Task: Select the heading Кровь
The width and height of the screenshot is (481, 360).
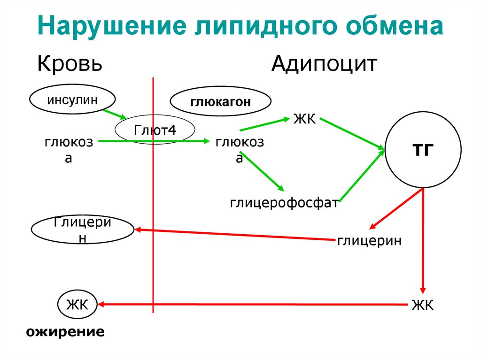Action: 70,63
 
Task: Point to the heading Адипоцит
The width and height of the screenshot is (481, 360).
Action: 324,63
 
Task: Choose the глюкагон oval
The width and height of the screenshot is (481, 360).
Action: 220,102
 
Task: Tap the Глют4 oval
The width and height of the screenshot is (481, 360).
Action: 155,130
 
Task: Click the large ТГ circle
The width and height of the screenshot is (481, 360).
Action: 423,150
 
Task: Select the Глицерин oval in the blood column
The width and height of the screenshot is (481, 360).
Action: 83,230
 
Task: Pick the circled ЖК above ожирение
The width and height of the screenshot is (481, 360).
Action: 77,305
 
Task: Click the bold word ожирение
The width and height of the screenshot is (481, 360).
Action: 65,332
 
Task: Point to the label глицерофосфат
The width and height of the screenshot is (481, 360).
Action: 284,203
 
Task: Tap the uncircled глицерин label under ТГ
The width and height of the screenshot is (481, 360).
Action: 369,241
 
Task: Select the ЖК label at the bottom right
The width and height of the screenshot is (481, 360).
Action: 422,305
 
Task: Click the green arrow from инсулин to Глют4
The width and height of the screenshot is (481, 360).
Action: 114,115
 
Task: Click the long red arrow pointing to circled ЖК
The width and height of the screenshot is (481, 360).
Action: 254,305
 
